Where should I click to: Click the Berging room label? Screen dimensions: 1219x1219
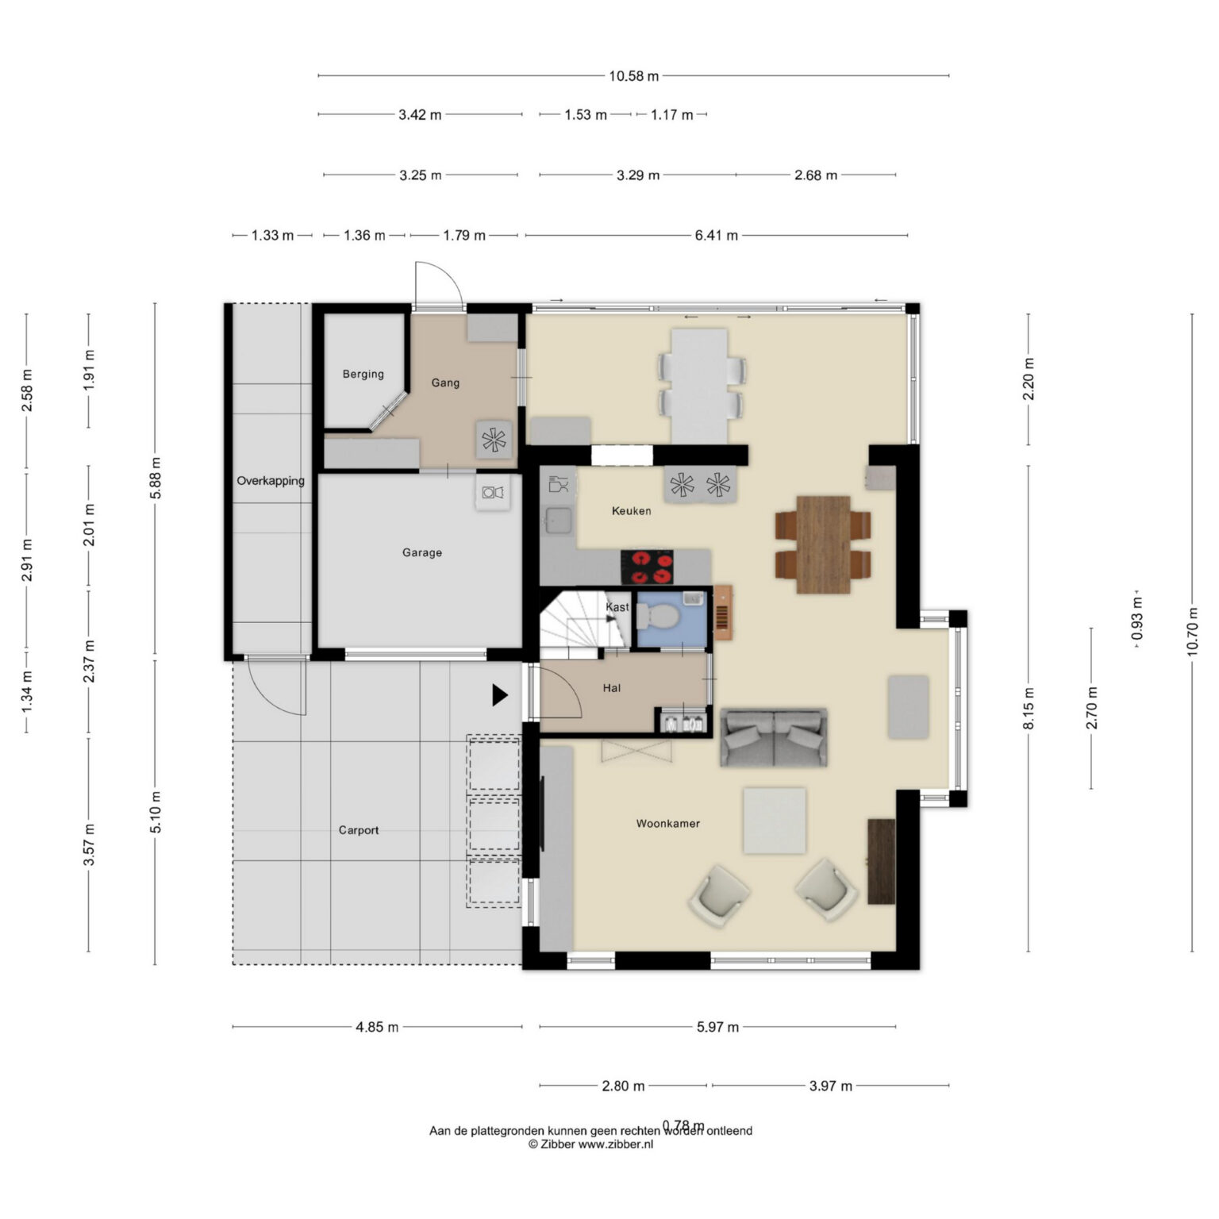(x=363, y=374)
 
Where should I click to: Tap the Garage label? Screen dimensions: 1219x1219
(x=421, y=552)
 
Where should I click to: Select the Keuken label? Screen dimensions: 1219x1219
(x=631, y=511)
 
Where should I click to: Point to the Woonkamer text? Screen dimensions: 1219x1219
(x=667, y=824)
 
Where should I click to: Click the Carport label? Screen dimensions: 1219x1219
(x=359, y=830)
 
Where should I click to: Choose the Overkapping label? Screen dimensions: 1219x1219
(x=271, y=481)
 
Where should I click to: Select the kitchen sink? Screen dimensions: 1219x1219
(x=558, y=521)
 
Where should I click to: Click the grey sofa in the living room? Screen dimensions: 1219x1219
(x=773, y=737)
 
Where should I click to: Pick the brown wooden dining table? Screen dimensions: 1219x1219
(x=824, y=544)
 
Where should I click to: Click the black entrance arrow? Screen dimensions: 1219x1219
(x=499, y=695)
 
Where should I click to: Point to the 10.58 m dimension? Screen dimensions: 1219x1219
(x=634, y=76)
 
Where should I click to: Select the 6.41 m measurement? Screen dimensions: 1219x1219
(x=717, y=235)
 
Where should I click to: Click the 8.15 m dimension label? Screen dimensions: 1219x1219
(x=1029, y=709)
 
